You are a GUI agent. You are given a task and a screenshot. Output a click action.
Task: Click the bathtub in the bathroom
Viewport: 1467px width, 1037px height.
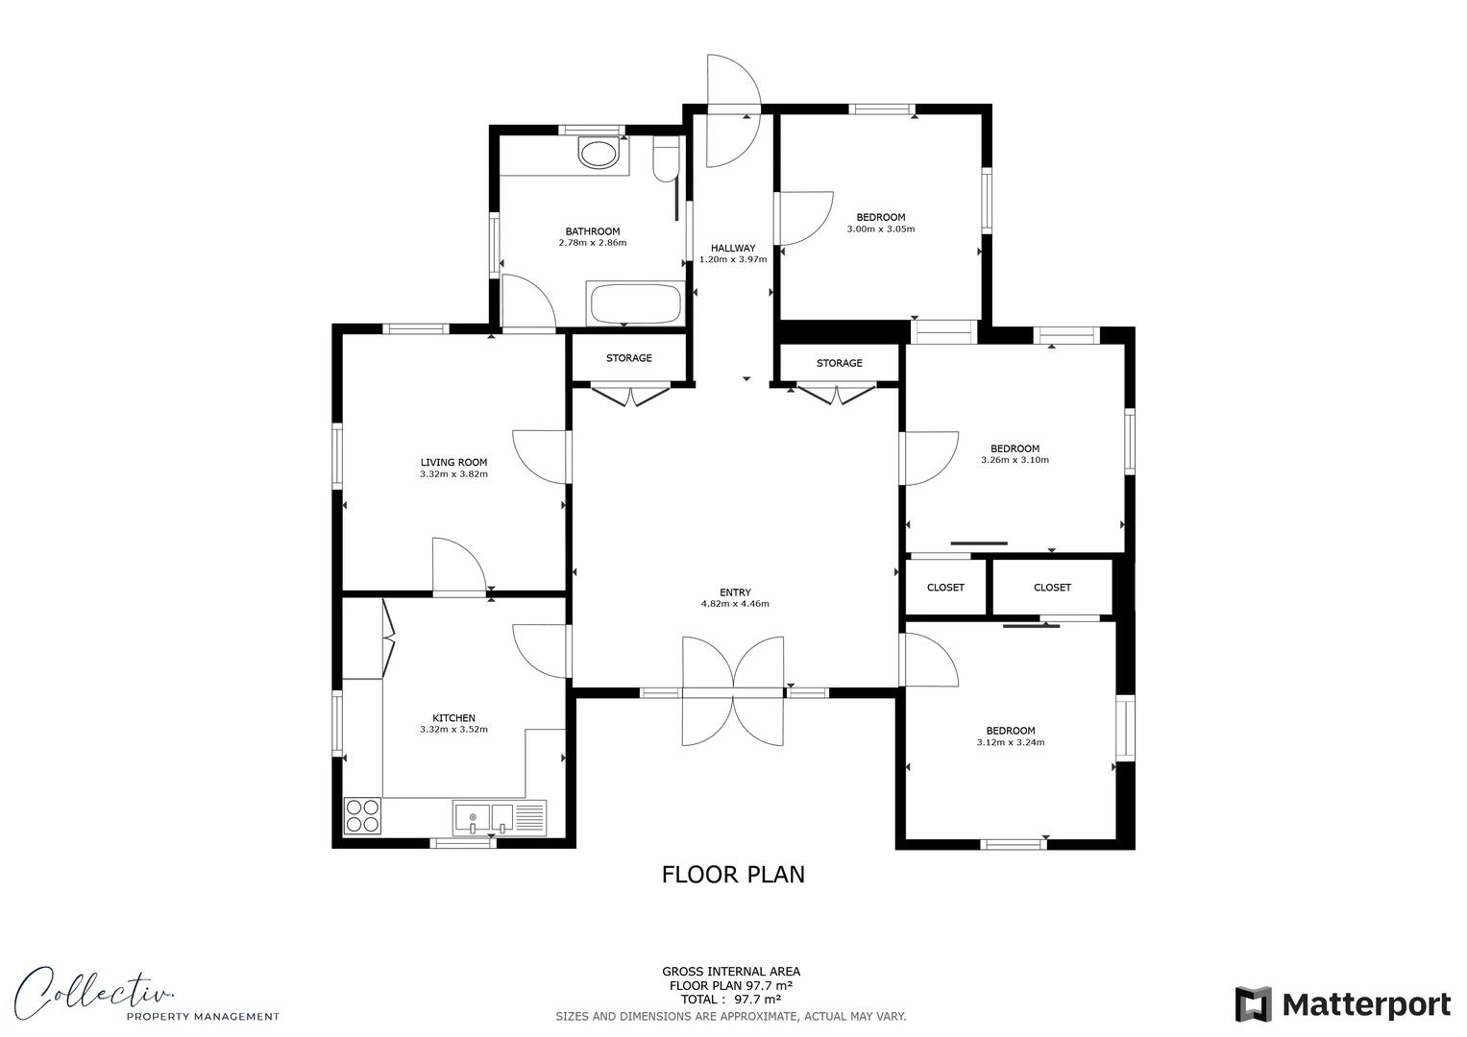(635, 303)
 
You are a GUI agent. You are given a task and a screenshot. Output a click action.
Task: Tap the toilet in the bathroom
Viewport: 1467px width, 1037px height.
(665, 159)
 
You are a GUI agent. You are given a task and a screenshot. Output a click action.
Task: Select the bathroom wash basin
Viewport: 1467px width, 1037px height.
(599, 154)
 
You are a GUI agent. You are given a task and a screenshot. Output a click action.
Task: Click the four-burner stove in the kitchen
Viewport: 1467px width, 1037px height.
(363, 816)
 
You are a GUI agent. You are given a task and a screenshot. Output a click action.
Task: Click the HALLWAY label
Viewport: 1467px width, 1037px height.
(733, 248)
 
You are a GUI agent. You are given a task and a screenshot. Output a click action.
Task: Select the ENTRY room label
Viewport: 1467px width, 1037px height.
(735, 592)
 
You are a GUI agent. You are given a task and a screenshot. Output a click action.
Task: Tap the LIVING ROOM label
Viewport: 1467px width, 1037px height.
(453, 462)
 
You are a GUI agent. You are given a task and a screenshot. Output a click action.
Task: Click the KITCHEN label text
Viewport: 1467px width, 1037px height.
(453, 718)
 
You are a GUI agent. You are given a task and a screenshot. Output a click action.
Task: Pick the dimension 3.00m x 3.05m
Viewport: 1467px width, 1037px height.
(880, 229)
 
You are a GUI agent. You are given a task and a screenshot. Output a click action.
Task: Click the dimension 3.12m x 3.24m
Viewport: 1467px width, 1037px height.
(1010, 742)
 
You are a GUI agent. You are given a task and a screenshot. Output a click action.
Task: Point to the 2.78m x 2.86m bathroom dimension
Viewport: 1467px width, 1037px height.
(592, 243)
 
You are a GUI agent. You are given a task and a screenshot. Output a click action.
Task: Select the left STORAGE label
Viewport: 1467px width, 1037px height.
(629, 358)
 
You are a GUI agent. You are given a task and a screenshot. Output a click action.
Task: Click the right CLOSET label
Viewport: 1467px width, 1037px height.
(1052, 588)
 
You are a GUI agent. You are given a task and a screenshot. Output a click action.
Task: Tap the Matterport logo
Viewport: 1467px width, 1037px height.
(1342, 1004)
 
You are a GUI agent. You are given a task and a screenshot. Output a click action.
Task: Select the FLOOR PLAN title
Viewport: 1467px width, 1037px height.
(733, 875)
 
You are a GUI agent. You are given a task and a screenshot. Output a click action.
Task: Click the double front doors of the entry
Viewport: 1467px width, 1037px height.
(733, 691)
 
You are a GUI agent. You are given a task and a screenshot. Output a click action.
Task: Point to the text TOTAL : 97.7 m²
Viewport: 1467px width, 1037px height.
(731, 999)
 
